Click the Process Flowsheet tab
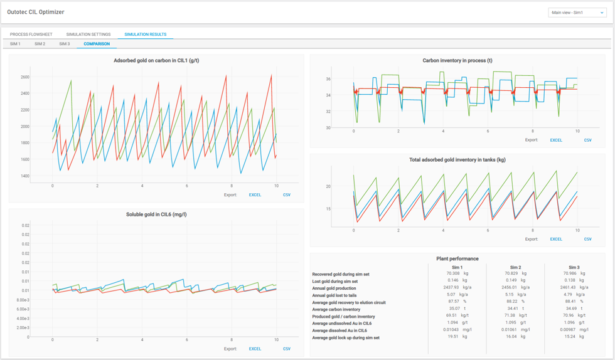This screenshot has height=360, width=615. (31, 34)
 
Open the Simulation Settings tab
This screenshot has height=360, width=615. (88, 34)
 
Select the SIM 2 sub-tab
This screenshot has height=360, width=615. (40, 44)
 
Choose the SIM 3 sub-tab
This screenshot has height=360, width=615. (64, 44)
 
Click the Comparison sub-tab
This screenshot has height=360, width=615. (97, 44)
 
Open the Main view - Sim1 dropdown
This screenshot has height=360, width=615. (577, 13)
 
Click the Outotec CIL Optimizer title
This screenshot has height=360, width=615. (36, 12)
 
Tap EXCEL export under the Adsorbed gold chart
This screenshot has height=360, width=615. (255, 195)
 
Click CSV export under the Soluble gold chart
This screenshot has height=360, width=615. (287, 349)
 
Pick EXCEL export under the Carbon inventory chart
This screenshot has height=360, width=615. (556, 140)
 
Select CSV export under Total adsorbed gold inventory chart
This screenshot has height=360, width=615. (587, 239)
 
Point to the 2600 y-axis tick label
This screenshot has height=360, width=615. (25, 77)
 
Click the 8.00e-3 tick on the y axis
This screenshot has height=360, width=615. (23, 300)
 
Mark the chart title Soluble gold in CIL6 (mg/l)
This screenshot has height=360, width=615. (156, 214)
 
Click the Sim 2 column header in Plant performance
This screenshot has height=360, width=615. (515, 267)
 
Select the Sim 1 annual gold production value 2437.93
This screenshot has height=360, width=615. (451, 287)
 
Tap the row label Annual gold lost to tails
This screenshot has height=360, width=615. (334, 295)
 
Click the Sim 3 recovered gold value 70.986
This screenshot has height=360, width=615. (570, 273)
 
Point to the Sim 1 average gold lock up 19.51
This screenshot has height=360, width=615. (453, 336)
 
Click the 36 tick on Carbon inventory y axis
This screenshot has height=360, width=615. (328, 79)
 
